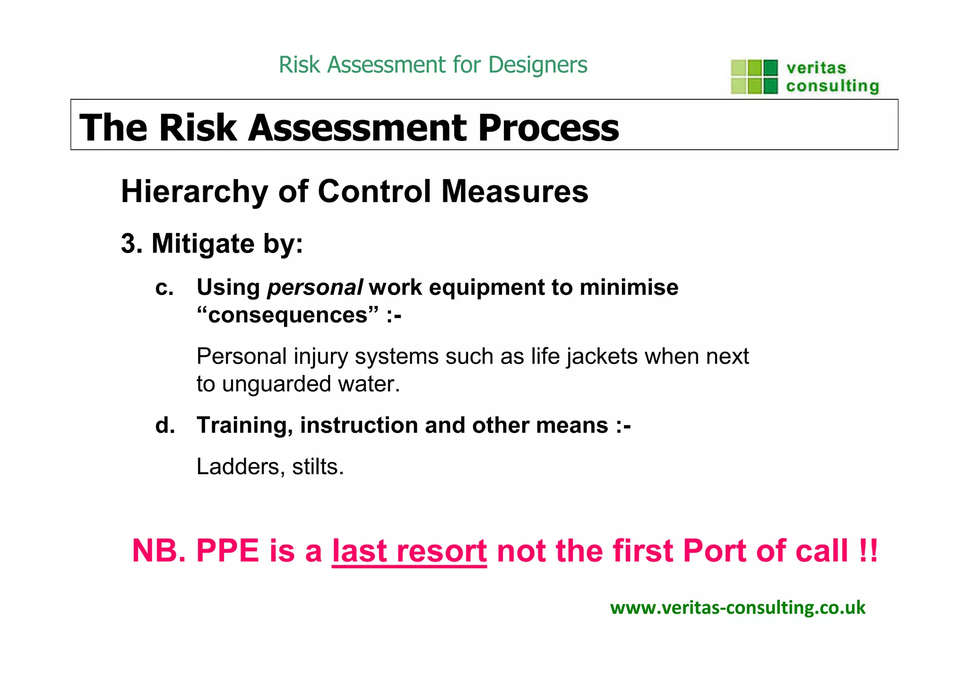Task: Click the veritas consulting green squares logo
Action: coord(754,77)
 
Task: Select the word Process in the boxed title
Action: coord(548,128)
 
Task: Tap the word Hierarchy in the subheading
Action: coord(194,191)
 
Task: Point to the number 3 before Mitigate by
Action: coord(128,244)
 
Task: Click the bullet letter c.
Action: coord(164,288)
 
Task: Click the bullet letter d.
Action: coord(165,425)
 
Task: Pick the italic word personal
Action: coord(315,288)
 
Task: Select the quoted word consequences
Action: coord(288,315)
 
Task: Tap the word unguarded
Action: coord(277,384)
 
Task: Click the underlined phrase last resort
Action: coord(409,551)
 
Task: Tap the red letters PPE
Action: coord(227,551)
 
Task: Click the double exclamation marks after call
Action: coord(868,551)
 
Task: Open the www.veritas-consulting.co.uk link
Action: coord(737,608)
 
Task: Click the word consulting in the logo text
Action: coord(832,86)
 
